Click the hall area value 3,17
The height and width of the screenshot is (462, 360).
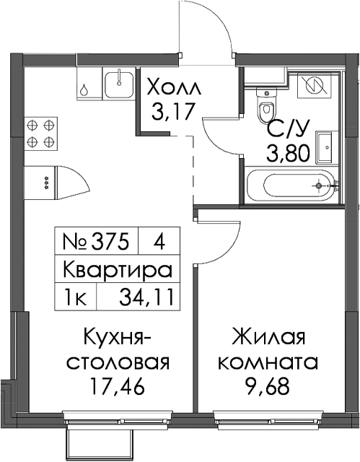173,111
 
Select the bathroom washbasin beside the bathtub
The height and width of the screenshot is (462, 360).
325,147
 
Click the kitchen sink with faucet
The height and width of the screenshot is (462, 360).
119,83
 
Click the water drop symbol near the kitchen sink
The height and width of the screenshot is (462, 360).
84,90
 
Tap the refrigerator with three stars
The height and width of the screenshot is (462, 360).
40,183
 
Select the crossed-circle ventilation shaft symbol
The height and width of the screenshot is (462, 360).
315,85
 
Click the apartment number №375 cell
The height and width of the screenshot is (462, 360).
96,243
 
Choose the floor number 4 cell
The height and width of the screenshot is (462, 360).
159,243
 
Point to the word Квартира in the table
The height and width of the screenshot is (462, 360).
118,270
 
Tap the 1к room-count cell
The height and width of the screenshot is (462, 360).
75,298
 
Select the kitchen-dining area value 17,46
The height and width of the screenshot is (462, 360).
118,386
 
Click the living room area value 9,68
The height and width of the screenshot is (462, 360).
267,386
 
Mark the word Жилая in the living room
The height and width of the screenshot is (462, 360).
268,339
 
